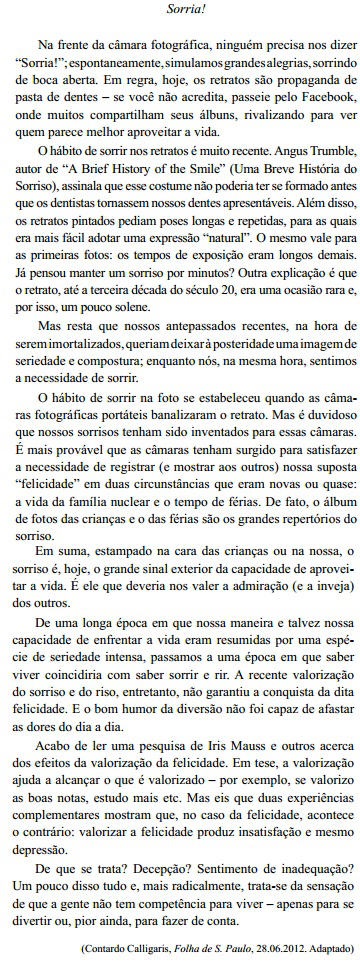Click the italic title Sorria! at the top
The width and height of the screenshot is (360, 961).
pyautogui.click(x=181, y=9)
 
